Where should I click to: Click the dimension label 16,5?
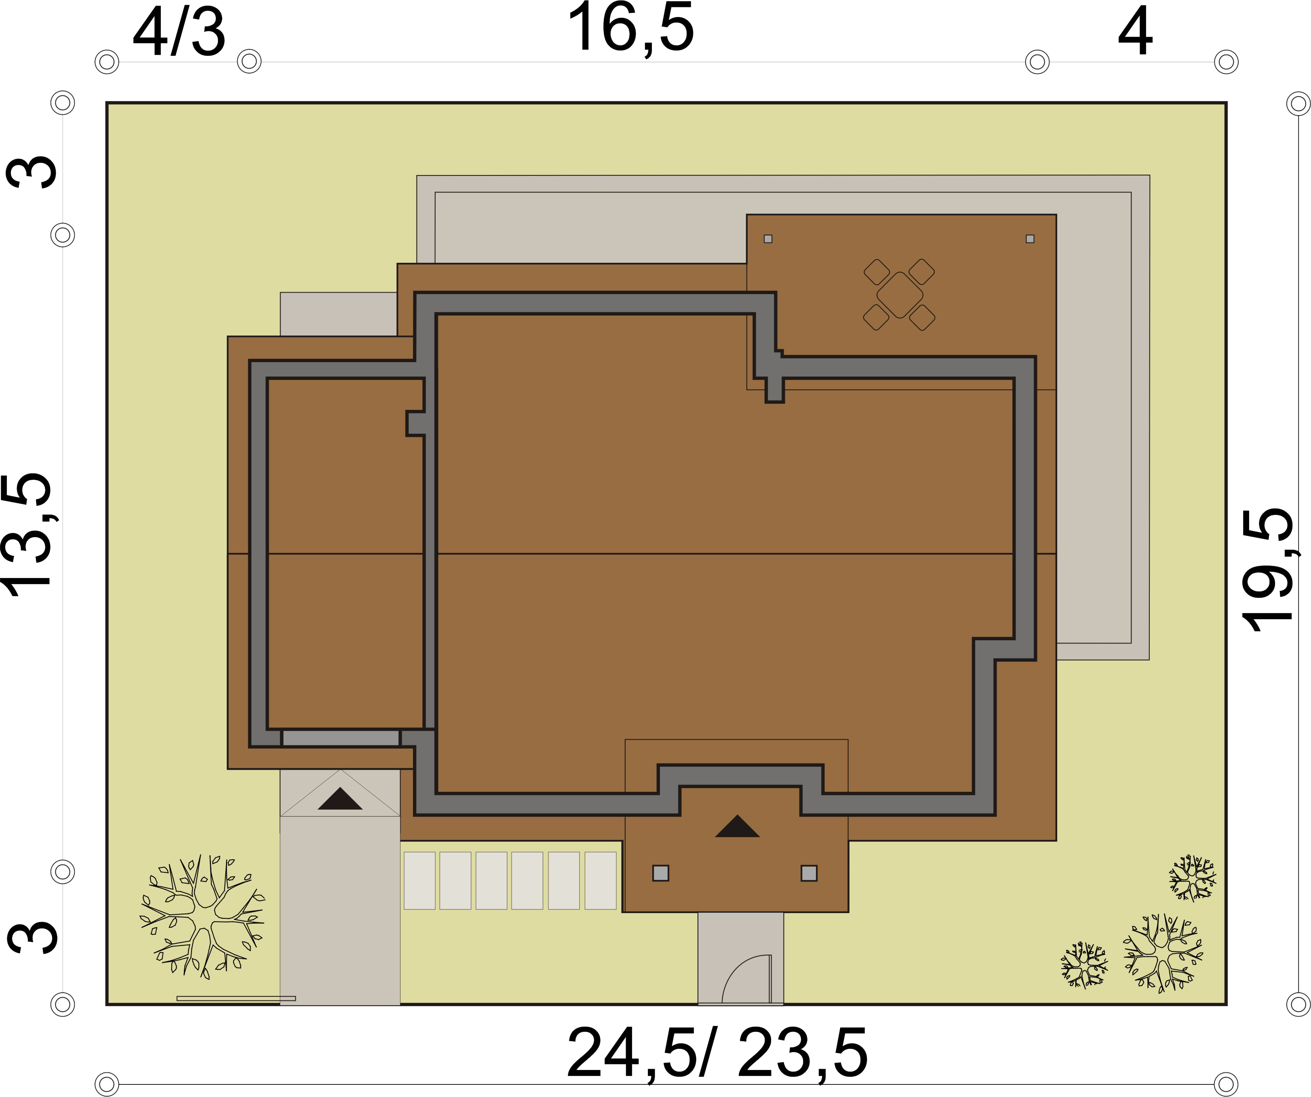click(x=630, y=30)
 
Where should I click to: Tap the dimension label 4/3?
click(x=179, y=32)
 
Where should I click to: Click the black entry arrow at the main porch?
click(x=737, y=826)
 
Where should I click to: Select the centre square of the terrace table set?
click(x=900, y=295)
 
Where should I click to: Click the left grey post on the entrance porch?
click(x=660, y=873)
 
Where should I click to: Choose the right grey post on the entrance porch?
click(x=809, y=873)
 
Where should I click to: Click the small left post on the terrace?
click(x=768, y=238)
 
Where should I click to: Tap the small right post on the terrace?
click(x=1030, y=238)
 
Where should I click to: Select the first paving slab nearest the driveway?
click(x=419, y=880)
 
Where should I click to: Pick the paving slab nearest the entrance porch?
click(x=601, y=880)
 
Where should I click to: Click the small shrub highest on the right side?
click(x=1192, y=878)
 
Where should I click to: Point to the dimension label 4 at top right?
click(x=1135, y=31)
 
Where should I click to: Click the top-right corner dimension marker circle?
click(x=1298, y=103)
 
